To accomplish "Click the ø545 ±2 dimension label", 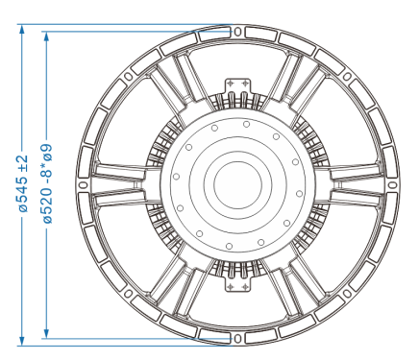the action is click(x=23, y=183).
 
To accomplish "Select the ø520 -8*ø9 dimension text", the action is click(x=47, y=184).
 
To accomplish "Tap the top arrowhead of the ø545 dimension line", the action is click(x=22, y=29).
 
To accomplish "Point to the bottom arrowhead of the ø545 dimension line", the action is click(x=22, y=341).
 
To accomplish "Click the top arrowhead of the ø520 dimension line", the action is click(x=47, y=36).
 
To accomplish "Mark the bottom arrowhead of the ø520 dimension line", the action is click(x=47, y=333).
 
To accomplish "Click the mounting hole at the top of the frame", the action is click(x=237, y=32).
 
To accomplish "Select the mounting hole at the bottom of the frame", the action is click(x=237, y=338).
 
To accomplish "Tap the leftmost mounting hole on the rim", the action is click(x=84, y=185).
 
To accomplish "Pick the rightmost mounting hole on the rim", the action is click(x=392, y=185).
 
